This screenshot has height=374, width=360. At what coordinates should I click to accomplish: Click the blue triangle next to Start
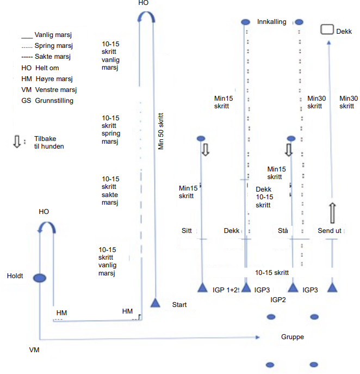click(x=156, y=303)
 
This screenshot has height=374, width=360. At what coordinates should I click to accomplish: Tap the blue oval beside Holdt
click(x=40, y=278)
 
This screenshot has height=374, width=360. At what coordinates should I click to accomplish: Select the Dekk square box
click(x=327, y=29)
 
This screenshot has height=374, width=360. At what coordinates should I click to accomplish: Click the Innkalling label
click(x=271, y=22)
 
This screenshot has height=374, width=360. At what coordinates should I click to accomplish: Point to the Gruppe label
click(x=293, y=337)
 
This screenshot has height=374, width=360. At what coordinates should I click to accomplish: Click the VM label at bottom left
click(x=34, y=350)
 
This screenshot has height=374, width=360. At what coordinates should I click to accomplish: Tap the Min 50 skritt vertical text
click(x=161, y=131)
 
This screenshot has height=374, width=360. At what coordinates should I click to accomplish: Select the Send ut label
click(x=329, y=231)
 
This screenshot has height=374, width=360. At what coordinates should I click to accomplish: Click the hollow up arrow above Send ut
click(x=332, y=213)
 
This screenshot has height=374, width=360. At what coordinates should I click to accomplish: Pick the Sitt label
click(x=187, y=231)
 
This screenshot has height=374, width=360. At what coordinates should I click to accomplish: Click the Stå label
click(x=283, y=230)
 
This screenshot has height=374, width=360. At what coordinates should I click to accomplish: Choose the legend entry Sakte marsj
click(x=46, y=57)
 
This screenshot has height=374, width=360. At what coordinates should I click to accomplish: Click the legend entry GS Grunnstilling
click(x=47, y=101)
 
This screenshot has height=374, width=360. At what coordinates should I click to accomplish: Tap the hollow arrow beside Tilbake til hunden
click(x=17, y=142)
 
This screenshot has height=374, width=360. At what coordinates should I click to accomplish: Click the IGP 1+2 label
click(x=226, y=290)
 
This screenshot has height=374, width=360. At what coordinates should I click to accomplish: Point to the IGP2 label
click(x=278, y=300)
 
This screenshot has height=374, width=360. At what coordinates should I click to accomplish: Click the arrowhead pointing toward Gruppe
click(x=257, y=338)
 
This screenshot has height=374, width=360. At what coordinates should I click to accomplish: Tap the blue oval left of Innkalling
click(x=245, y=22)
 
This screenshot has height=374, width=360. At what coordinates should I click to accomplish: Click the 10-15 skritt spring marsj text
click(x=111, y=130)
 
